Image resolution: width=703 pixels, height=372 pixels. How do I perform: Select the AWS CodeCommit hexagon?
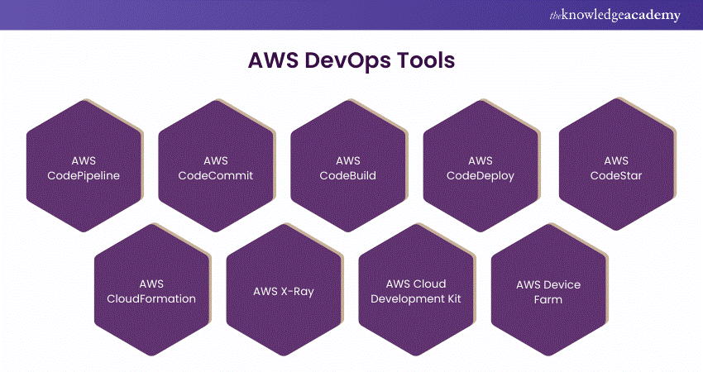click(x=215, y=167)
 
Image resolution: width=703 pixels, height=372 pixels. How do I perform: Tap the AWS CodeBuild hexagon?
click(x=347, y=167)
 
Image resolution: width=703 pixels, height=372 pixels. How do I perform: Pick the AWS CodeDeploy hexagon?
click(x=480, y=167)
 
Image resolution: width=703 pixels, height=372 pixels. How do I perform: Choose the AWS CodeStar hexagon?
click(x=615, y=167)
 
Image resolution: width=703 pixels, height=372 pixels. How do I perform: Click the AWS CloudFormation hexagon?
click(x=151, y=291)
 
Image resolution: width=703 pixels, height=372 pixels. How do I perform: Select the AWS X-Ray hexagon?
click(x=283, y=291)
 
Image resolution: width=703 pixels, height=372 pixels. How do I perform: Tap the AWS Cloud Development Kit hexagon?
click(x=416, y=291)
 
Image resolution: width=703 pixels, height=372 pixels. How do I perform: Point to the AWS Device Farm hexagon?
click(x=548, y=291)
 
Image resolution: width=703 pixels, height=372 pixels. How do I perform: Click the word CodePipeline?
click(x=84, y=175)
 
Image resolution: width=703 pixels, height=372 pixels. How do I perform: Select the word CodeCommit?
click(x=216, y=175)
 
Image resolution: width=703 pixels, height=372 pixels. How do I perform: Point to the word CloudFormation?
click(x=151, y=298)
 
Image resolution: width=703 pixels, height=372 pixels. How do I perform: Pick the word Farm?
click(x=548, y=299)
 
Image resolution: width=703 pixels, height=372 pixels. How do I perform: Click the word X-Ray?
click(x=297, y=291)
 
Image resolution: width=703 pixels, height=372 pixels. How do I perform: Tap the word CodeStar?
click(x=616, y=175)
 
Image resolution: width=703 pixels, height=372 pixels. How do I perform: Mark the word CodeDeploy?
click(x=480, y=175)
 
